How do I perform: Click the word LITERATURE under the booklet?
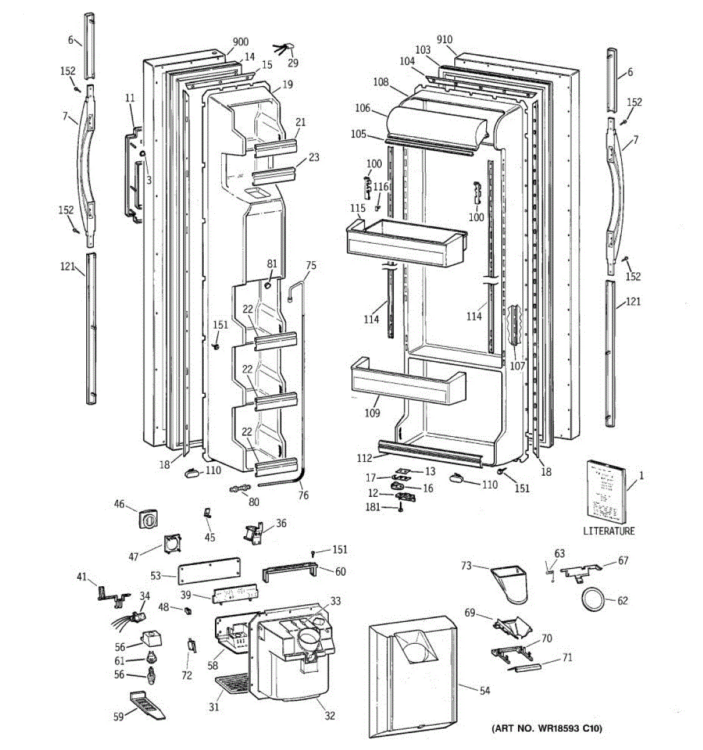(608, 531)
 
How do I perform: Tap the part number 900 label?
(240, 42)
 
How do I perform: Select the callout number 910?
(444, 40)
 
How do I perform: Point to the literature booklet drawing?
(605, 490)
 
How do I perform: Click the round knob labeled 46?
(148, 518)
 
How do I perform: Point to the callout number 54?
(485, 691)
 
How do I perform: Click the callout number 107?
(517, 366)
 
